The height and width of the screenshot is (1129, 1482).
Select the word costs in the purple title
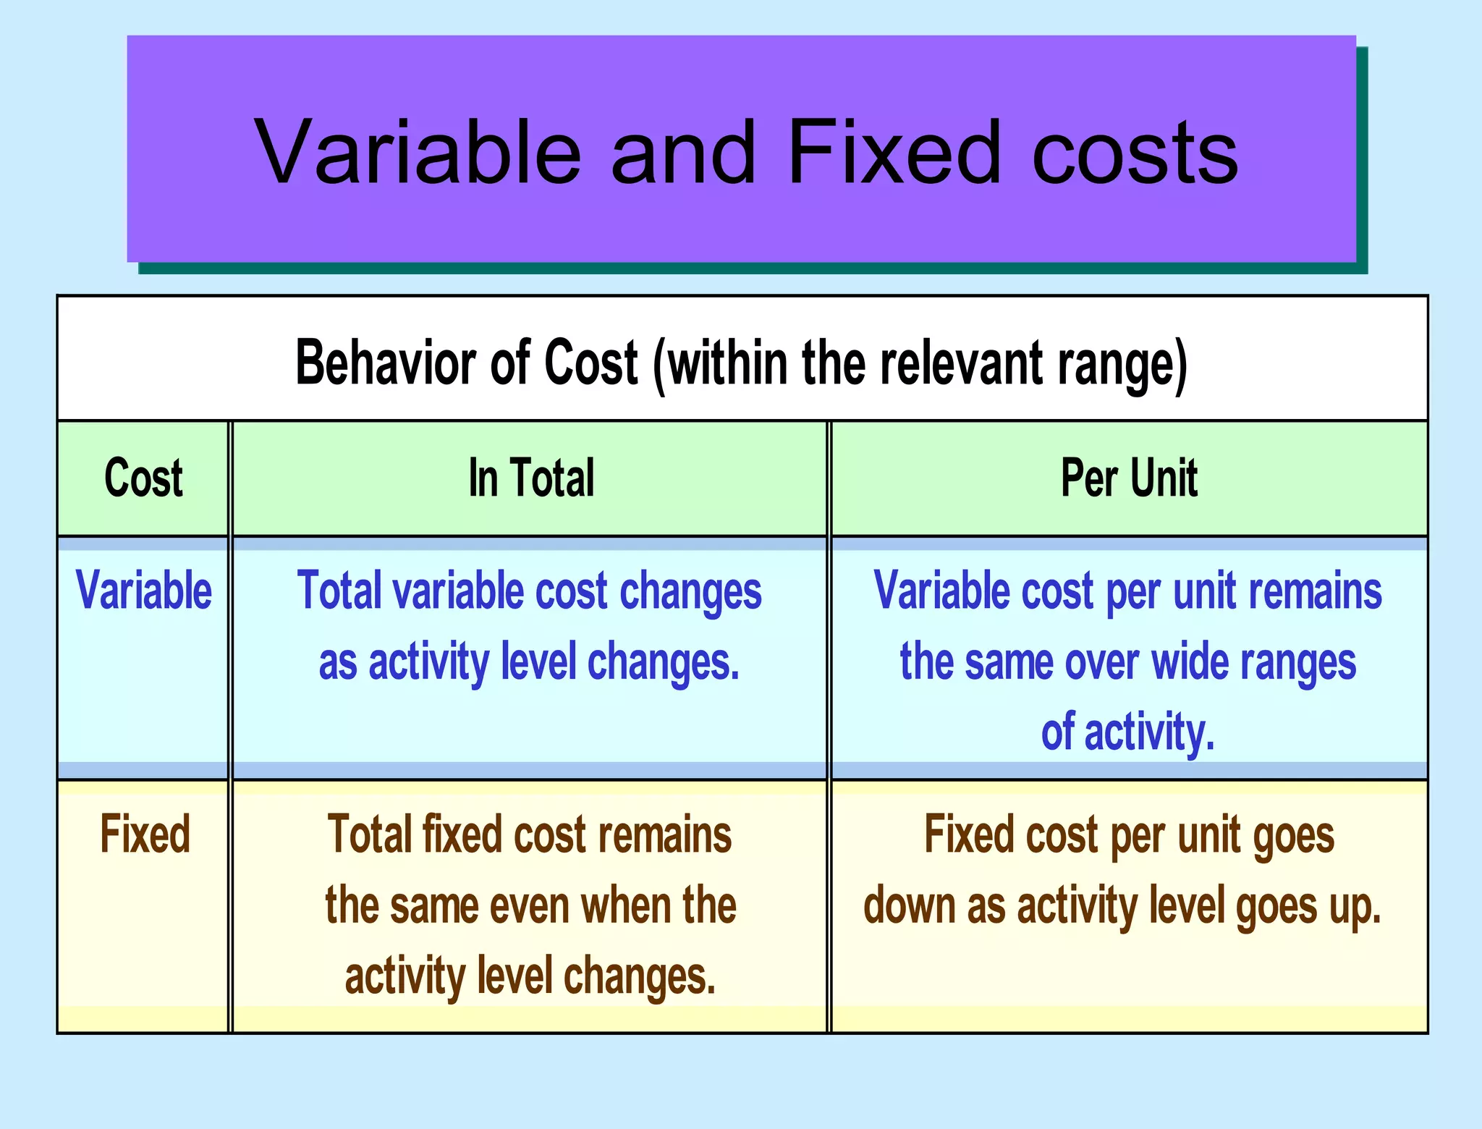point(1135,153)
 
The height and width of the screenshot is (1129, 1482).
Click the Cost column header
point(143,478)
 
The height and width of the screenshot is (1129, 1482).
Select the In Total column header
point(531,478)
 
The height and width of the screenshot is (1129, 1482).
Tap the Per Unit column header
point(1129,478)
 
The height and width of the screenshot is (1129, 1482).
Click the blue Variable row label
point(143,591)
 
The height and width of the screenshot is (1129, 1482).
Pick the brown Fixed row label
point(145,834)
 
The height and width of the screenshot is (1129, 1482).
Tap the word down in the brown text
point(910,905)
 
